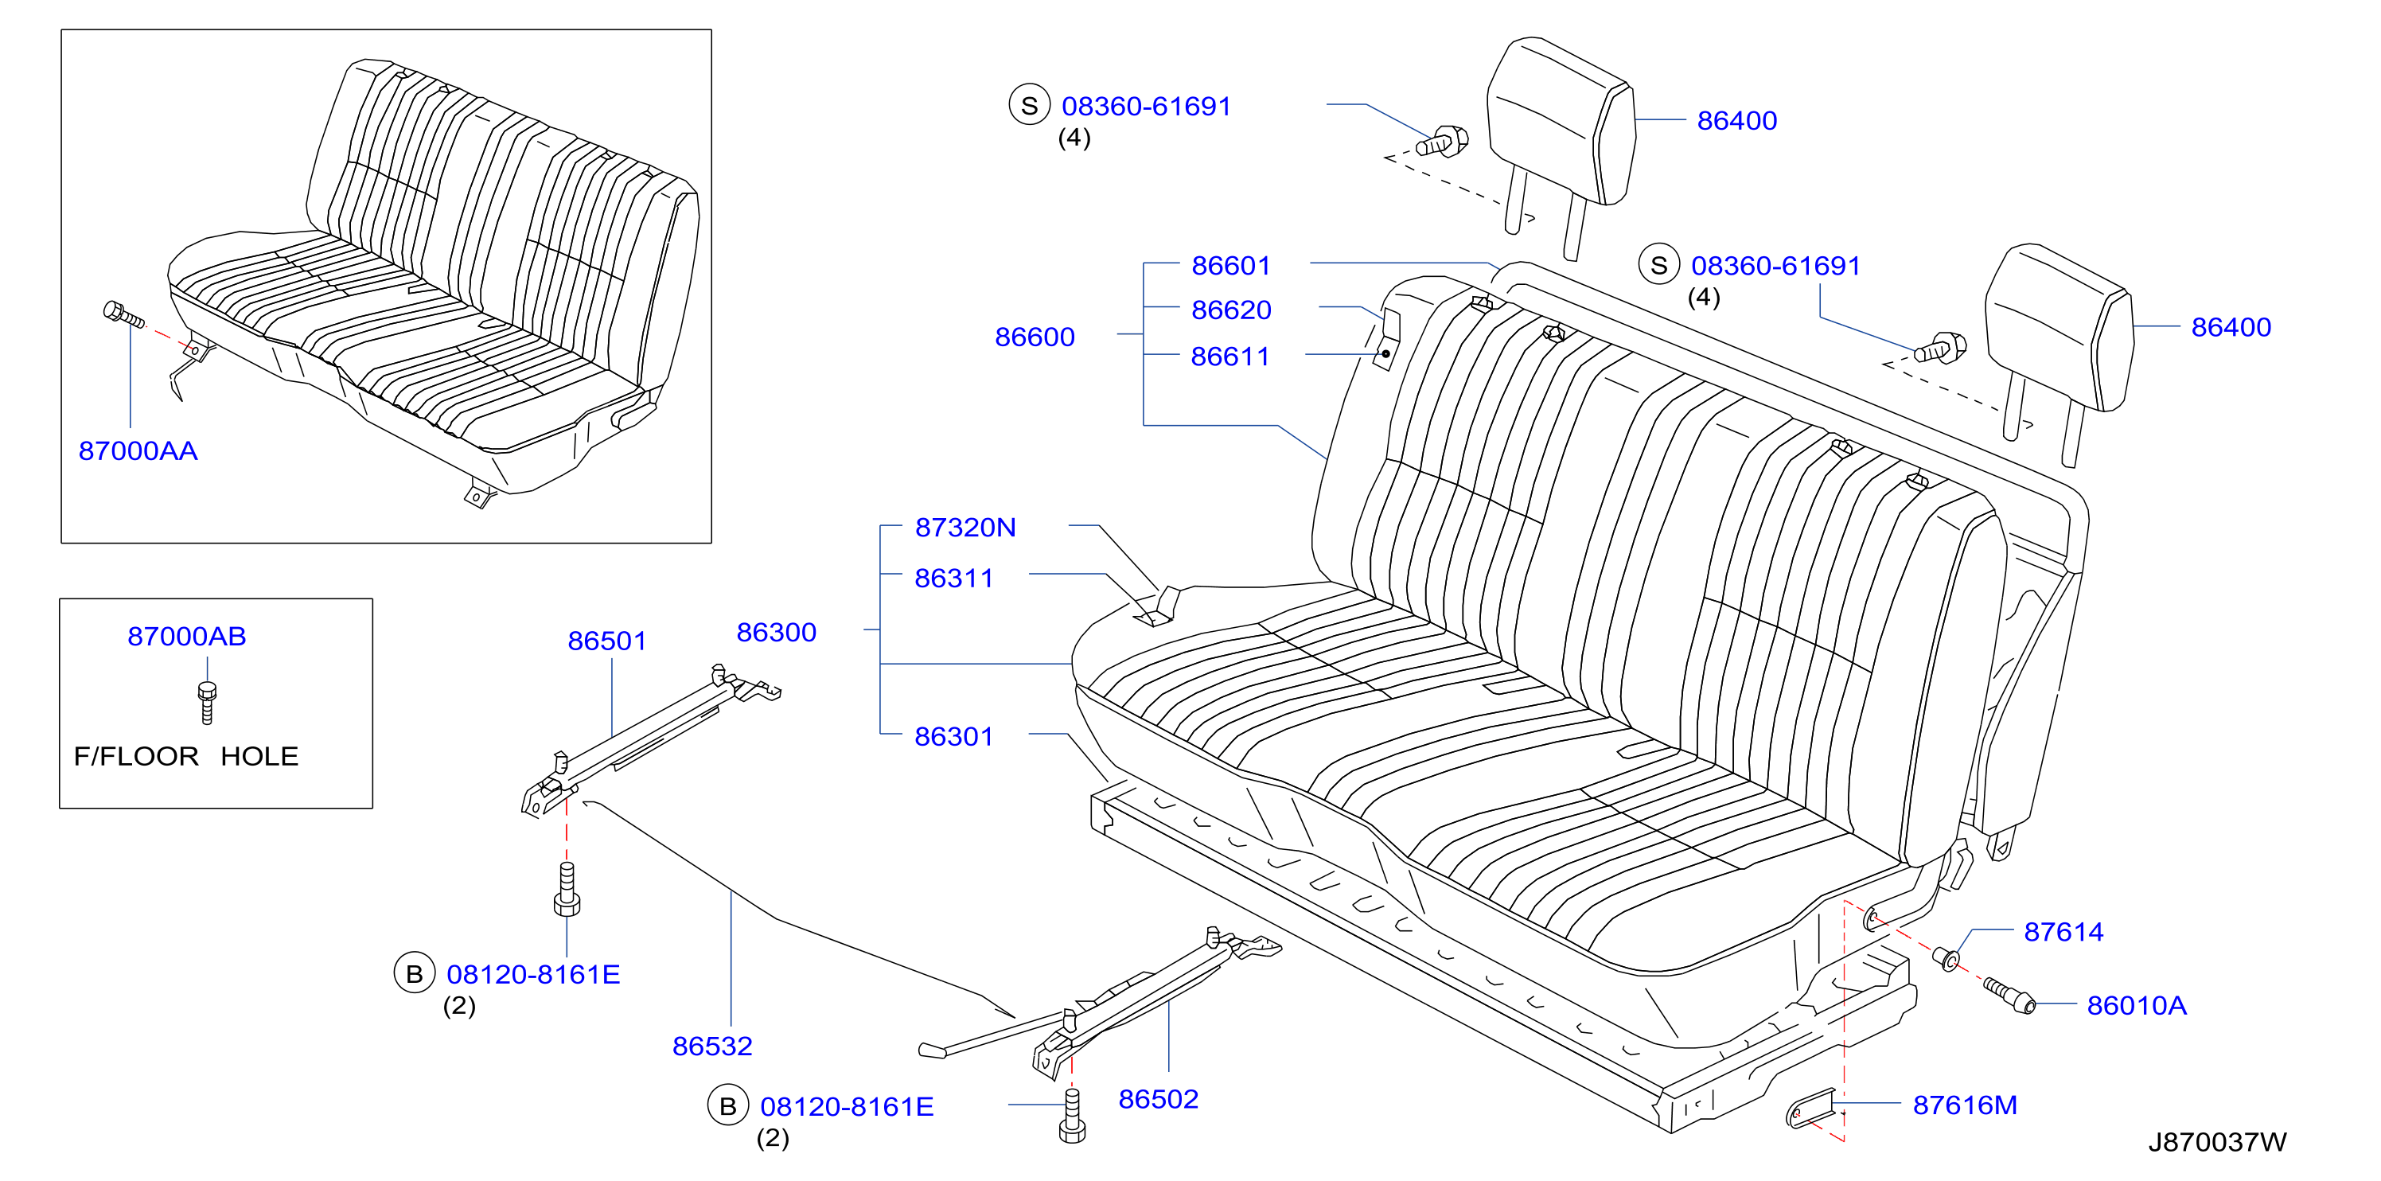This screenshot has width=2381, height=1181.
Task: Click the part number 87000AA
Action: coord(138,451)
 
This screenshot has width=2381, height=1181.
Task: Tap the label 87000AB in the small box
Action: coord(187,637)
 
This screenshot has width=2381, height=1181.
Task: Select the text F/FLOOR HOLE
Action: coord(185,756)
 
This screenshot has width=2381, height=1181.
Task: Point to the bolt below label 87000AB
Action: coord(207,703)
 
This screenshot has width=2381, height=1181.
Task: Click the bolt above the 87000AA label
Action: coord(123,314)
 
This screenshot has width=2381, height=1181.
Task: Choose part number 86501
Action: coord(607,641)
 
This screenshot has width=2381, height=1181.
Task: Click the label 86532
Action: coord(713,1046)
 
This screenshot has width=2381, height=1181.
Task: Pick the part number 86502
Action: coord(1158,1099)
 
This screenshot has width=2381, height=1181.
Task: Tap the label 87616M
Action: coord(1965,1105)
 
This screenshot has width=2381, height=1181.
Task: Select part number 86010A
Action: coord(2137,1005)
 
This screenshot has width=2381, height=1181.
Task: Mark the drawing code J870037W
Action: coord(2217,1142)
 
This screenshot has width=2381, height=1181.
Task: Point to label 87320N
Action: coord(966,527)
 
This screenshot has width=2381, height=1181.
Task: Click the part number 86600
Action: coord(1035,337)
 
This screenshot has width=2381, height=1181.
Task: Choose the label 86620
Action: coord(1231,310)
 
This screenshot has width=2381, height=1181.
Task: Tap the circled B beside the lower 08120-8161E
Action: coord(728,1106)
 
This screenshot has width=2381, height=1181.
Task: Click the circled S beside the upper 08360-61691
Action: coord(1030,105)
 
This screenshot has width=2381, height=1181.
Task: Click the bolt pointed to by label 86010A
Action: coord(2009,996)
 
